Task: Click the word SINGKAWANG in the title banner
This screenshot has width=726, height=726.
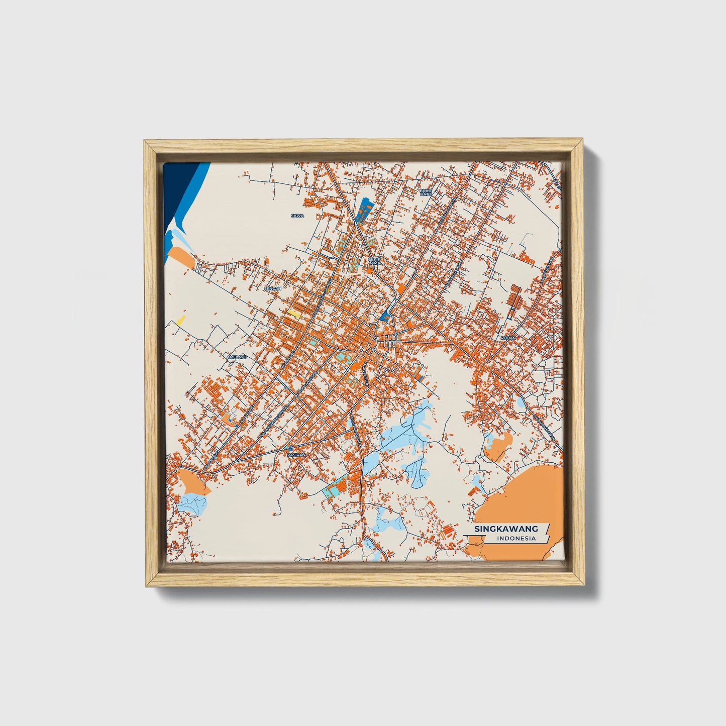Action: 506,529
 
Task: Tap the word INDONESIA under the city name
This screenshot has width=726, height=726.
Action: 515,539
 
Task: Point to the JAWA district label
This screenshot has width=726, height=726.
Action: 298,216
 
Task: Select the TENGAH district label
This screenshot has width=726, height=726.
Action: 273,289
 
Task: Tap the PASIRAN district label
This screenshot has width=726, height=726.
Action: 296,455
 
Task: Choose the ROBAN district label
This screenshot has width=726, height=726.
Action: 507,338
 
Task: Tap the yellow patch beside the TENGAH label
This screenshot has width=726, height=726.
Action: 293,314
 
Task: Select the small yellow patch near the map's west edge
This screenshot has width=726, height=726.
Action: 180,320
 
